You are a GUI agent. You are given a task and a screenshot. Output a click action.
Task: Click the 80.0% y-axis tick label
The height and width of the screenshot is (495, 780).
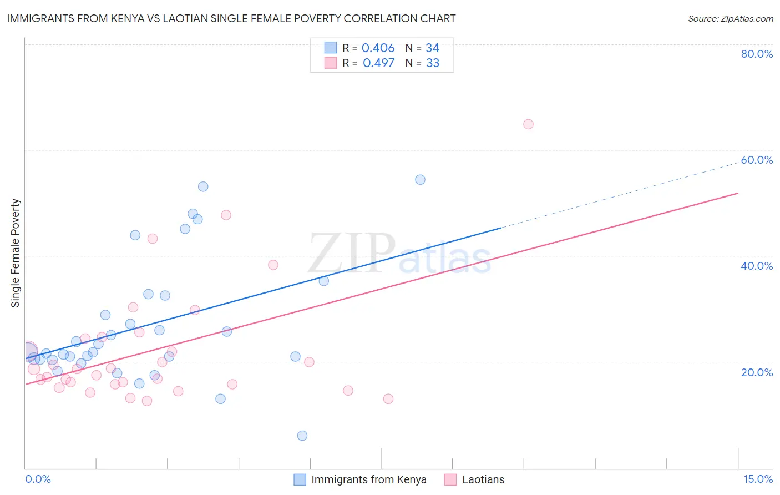point(757,54)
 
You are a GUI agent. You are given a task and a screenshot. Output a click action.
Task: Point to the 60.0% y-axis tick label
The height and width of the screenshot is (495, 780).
point(757,160)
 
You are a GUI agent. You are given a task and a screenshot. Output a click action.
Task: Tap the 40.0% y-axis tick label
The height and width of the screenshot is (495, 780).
point(757,266)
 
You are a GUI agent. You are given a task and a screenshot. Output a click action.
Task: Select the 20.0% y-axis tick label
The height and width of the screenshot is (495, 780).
point(757,372)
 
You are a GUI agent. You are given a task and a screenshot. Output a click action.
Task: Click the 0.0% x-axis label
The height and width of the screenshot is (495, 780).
point(38,479)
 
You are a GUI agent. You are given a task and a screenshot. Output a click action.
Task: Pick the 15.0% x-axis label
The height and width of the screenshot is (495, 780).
point(758,479)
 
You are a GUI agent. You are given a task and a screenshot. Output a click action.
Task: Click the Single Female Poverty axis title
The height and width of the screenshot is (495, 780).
point(16,253)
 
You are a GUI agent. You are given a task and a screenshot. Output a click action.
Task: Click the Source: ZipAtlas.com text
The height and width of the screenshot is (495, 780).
point(730,18)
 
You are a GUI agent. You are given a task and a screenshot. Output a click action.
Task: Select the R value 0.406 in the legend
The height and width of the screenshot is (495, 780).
point(378,48)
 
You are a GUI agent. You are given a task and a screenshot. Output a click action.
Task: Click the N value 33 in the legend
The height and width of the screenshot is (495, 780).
point(433,63)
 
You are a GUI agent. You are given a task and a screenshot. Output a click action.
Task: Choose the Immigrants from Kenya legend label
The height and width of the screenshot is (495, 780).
point(369,479)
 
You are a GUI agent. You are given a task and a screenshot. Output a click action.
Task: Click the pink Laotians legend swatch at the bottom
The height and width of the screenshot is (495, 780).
point(450,479)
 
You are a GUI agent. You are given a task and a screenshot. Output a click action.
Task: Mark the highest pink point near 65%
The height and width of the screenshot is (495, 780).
point(528,124)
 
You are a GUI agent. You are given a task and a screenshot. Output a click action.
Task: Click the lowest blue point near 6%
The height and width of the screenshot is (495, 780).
point(302,436)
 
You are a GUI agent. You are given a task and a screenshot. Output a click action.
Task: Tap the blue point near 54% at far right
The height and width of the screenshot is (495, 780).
point(420,180)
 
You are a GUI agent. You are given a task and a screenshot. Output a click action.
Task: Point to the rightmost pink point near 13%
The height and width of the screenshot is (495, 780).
point(388,399)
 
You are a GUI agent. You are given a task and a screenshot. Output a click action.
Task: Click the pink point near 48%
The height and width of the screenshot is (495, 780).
point(226,215)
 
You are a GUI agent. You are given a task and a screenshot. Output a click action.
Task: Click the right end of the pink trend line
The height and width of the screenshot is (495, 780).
point(738,193)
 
